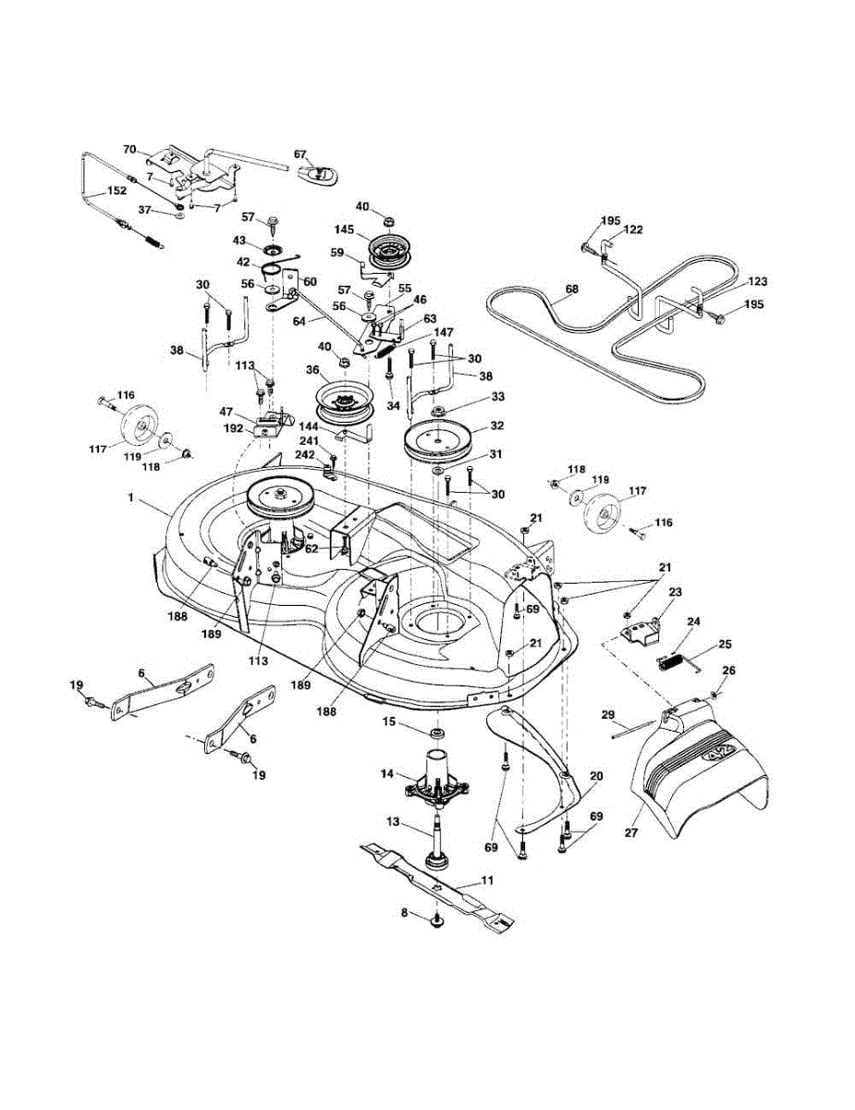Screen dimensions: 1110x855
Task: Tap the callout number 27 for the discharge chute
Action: click(632, 832)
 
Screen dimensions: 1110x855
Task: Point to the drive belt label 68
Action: click(571, 290)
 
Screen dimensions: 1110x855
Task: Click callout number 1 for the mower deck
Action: click(131, 498)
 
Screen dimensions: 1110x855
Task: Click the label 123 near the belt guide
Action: click(758, 280)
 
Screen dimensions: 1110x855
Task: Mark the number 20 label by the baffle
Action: click(595, 776)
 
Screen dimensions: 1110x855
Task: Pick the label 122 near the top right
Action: click(633, 228)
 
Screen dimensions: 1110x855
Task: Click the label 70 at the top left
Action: click(129, 148)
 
